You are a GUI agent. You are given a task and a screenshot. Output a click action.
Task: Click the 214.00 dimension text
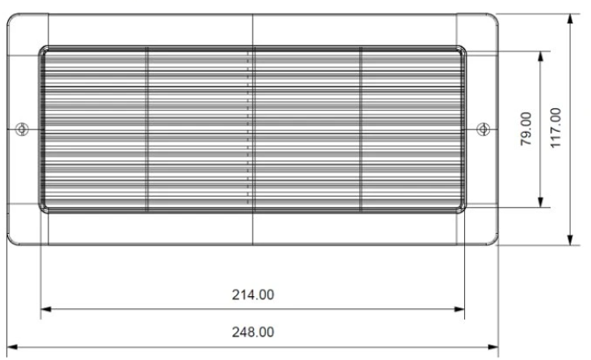[x=253, y=294]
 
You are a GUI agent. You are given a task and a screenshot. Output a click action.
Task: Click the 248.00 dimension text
[x=253, y=332]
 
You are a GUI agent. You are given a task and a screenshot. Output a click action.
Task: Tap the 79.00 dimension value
[x=526, y=129]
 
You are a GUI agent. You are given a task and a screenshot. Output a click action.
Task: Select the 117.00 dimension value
[x=556, y=128]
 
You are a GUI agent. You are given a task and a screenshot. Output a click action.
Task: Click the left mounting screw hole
[x=23, y=129]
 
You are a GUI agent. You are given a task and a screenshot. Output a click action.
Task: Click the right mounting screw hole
[x=483, y=129]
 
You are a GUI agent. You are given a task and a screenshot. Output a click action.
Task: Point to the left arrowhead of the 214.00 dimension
[x=45, y=310]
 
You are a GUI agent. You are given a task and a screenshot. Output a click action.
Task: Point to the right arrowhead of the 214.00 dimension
[x=459, y=310]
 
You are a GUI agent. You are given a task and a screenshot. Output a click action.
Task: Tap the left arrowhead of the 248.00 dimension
[x=12, y=347]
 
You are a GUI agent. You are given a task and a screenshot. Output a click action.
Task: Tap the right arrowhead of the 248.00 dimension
[x=493, y=347]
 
